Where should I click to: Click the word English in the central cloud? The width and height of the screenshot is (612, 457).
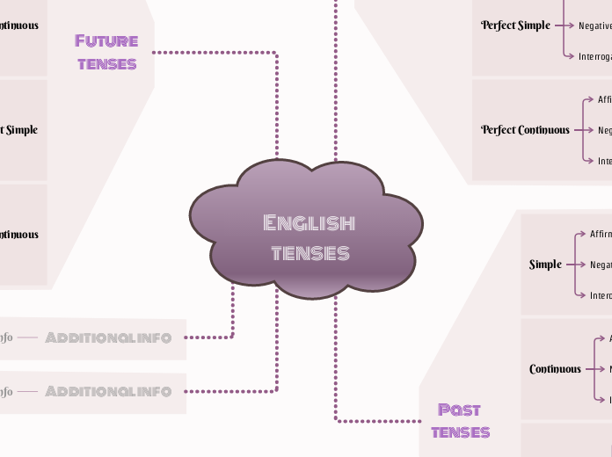pyautogui.click(x=309, y=222)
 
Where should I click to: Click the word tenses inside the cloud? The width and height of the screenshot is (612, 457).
pyautogui.click(x=310, y=253)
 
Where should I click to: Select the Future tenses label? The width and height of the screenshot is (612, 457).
pyautogui.click(x=106, y=52)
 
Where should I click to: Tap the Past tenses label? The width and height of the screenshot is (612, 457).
pyautogui.click(x=460, y=420)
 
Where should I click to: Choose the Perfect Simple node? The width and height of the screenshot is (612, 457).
pyautogui.click(x=515, y=25)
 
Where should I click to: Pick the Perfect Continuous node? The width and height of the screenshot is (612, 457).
pyautogui.click(x=525, y=130)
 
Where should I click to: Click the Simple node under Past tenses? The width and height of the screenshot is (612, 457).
pyautogui.click(x=545, y=265)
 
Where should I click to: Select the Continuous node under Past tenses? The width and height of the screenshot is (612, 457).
pyautogui.click(x=555, y=369)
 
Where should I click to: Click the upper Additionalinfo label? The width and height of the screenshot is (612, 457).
pyautogui.click(x=108, y=337)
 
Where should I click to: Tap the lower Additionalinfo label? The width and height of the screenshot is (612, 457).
pyautogui.click(x=108, y=391)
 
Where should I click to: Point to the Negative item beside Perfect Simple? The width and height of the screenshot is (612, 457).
pyautogui.click(x=594, y=25)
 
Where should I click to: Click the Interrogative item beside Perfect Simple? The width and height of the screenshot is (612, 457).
pyautogui.click(x=594, y=56)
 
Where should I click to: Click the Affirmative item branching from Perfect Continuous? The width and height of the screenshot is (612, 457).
pyautogui.click(x=604, y=99)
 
